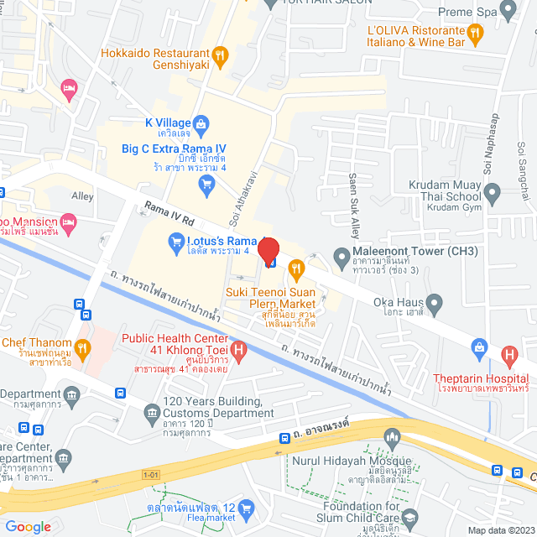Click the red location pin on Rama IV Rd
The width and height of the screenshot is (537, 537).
click(x=268, y=251)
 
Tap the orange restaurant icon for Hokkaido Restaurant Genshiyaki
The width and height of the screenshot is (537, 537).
click(x=220, y=56)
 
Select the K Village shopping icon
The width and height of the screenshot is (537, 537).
click(x=201, y=123)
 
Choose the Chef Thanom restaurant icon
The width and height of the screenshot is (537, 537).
click(x=81, y=346)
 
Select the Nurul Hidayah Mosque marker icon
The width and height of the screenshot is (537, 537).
click(x=391, y=436)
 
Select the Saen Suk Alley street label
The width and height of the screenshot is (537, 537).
click(x=354, y=200)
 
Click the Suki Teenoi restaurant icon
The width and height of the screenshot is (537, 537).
click(x=295, y=269)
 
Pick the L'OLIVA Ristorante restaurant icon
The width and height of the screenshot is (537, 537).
click(x=474, y=34)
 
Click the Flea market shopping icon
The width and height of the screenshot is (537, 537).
click(x=246, y=508)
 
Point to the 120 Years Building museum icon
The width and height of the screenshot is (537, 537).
click(x=152, y=411)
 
